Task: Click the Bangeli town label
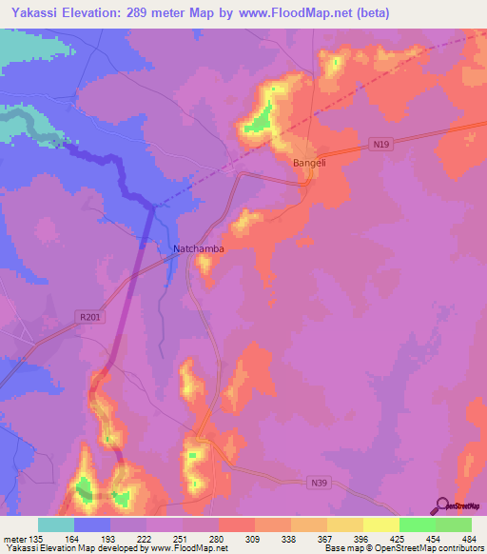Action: (x=309, y=163)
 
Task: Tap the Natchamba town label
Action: (x=199, y=248)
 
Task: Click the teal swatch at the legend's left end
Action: (x=56, y=524)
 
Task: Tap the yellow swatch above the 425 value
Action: (x=380, y=524)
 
